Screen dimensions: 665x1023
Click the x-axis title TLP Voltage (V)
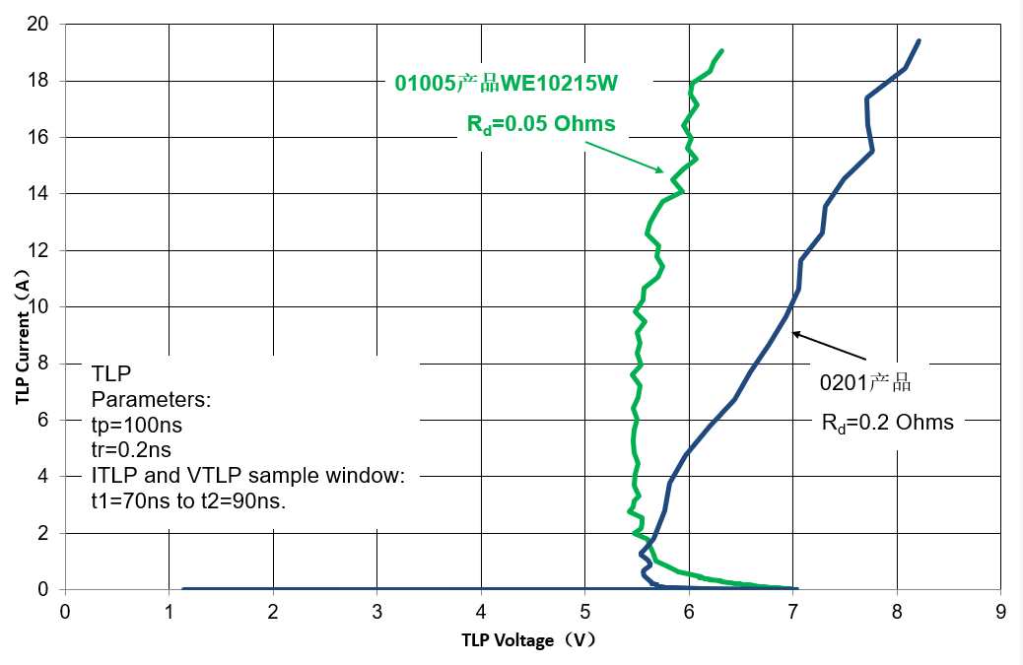[529, 640]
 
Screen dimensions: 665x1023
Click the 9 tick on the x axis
[1000, 612]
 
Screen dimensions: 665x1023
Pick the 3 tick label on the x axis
[377, 612]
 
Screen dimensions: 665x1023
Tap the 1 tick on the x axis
[170, 612]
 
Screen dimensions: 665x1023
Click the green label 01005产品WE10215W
[507, 84]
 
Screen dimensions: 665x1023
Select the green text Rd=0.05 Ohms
[541, 124]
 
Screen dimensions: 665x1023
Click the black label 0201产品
[871, 383]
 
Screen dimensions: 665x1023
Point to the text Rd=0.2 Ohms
[888, 423]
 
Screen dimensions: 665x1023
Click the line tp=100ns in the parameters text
[137, 427]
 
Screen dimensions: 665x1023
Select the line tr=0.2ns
[131, 451]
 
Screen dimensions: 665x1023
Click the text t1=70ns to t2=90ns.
[188, 500]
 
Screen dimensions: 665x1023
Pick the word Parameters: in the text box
[151, 401]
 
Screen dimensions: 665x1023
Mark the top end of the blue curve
[919, 41]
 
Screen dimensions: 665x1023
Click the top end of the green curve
[721, 50]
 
